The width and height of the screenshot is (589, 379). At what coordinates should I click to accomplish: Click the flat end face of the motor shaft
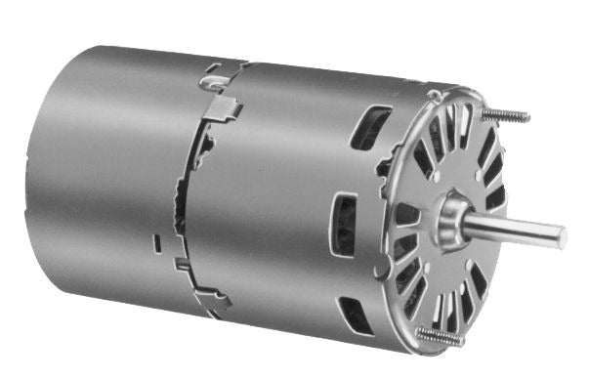563,235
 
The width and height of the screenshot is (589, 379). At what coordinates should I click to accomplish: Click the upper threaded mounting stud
507,115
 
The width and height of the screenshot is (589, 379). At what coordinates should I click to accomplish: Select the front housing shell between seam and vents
273,195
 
